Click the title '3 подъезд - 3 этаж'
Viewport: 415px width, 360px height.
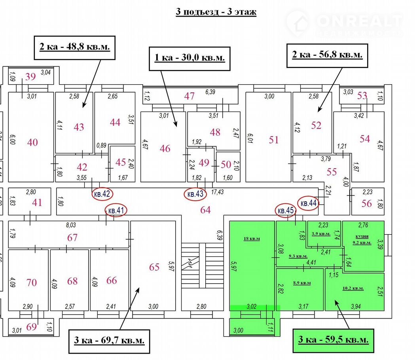[216, 12]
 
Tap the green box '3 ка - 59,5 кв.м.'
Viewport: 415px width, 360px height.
[333, 340]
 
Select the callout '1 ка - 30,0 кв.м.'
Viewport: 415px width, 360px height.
[189, 58]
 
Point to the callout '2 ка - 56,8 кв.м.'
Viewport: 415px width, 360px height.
[327, 55]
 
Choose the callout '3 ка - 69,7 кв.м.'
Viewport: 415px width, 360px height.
[109, 340]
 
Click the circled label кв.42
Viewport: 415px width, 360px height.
[102, 194]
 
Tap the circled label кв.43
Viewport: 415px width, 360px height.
[195, 194]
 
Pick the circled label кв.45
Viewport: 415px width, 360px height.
[286, 210]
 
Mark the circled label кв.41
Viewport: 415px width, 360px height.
[116, 210]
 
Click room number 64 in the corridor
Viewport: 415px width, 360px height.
[205, 210]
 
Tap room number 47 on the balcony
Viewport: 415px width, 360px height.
[189, 96]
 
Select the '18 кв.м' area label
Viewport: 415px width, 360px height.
[252, 239]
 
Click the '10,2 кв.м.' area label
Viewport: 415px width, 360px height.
[353, 288]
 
